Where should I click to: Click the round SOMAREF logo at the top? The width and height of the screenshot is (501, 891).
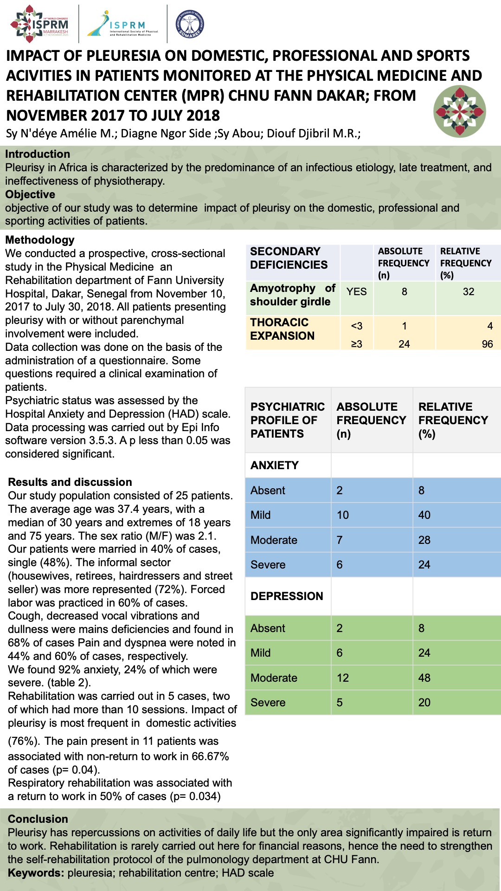pos(190,24)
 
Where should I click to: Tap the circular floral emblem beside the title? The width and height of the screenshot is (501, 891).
pos(460,111)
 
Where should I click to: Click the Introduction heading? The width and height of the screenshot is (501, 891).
pos(38,154)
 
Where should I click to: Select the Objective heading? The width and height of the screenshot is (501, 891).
pos(30,194)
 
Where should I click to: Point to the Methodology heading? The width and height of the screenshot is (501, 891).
pos(40,240)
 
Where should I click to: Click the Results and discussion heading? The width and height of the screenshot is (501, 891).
pos(70,482)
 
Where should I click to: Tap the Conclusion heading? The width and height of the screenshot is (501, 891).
pos(38,819)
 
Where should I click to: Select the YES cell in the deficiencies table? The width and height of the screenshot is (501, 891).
pos(356,291)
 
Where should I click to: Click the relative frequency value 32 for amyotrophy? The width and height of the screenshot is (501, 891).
pos(469,291)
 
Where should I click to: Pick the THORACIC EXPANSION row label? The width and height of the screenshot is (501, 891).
pos(282,329)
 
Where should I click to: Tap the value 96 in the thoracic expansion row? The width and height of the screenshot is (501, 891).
pos(487,344)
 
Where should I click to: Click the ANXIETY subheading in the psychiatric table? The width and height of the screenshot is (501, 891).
pos(275,465)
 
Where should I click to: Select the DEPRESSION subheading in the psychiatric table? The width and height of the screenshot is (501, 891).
pos(287,596)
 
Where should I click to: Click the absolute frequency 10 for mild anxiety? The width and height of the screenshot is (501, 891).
pos(343,515)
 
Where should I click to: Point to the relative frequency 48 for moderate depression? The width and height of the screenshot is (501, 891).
pos(424,678)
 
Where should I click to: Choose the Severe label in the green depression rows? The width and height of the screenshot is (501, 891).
pos(268,703)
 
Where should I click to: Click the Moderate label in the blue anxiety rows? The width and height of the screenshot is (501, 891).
pos(274,540)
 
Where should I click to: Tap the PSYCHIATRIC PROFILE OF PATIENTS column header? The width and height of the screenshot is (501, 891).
pos(287,420)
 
